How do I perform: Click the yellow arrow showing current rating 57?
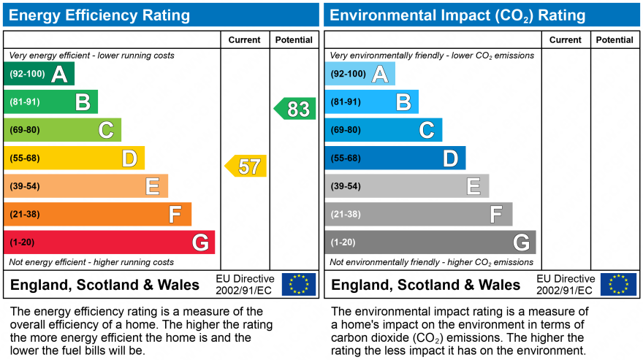(x=246, y=166)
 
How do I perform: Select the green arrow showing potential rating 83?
(x=296, y=109)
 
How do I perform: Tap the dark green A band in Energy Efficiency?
(x=39, y=74)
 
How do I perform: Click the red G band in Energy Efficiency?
(x=110, y=242)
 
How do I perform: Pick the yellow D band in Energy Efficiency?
(x=74, y=158)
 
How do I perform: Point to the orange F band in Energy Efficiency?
(x=97, y=214)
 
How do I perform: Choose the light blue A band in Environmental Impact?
(x=359, y=74)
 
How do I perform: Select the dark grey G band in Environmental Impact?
(x=430, y=242)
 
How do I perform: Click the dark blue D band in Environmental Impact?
(x=395, y=158)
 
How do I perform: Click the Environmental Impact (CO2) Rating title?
(x=458, y=15)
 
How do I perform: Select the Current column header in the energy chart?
(x=245, y=40)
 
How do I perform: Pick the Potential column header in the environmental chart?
(x=615, y=40)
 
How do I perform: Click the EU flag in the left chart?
(x=299, y=284)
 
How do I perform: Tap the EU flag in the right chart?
(x=618, y=284)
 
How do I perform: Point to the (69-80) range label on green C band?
(x=25, y=130)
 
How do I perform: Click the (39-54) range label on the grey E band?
(x=346, y=186)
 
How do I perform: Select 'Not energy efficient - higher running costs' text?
(x=91, y=262)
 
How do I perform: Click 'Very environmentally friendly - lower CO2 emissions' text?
(x=432, y=55)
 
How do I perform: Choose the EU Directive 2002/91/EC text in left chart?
(x=245, y=285)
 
